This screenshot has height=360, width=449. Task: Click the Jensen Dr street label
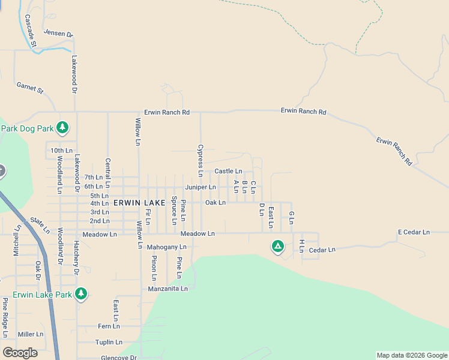pyautogui.click(x=58, y=34)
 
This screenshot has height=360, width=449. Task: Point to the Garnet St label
pyautogui.click(x=30, y=88)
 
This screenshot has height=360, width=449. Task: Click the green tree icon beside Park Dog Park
pyautogui.click(x=62, y=127)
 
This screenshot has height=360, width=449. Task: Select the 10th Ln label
pyautogui.click(x=61, y=150)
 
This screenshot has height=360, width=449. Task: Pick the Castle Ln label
pyautogui.click(x=228, y=172)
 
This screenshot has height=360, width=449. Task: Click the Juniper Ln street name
pyautogui.click(x=200, y=187)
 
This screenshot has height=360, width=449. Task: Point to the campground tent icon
pyautogui.click(x=277, y=246)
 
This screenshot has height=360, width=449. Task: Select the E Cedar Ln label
pyautogui.click(x=414, y=232)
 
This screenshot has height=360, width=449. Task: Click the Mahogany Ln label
pyautogui.click(x=166, y=247)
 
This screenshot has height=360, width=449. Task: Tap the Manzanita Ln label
pyautogui.click(x=168, y=289)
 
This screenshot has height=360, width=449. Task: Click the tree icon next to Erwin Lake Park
pyautogui.click(x=81, y=294)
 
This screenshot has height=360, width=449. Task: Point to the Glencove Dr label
pyautogui.click(x=119, y=358)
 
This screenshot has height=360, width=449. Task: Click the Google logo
pyautogui.click(x=20, y=353)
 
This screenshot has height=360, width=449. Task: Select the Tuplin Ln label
pyautogui.click(x=109, y=342)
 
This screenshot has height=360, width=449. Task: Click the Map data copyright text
pyautogui.click(x=411, y=355)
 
